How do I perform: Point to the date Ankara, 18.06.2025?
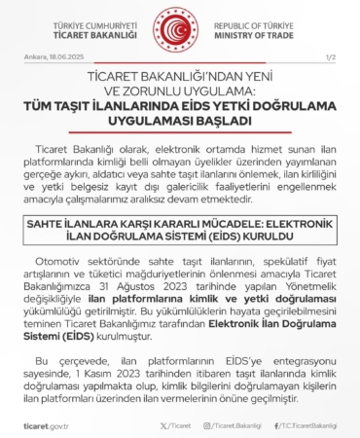point(50,58)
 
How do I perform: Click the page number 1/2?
point(329,58)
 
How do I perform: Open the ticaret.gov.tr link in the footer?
point(42,426)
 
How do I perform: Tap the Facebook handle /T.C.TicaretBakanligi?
point(307,426)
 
